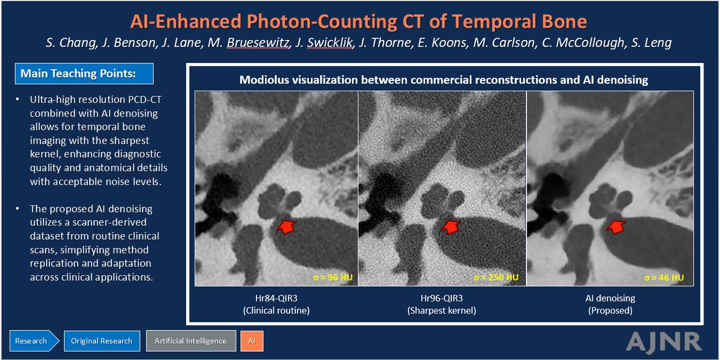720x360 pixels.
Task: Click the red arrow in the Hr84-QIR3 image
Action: tap(286, 227)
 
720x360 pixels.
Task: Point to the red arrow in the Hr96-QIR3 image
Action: tap(451, 227)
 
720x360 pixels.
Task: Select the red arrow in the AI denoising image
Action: tap(616, 227)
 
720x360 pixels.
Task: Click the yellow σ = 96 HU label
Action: tap(332, 277)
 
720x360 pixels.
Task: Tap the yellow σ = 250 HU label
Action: tap(496, 277)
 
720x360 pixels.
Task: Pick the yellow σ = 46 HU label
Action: tap(664, 277)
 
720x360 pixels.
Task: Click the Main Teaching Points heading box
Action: tap(84, 74)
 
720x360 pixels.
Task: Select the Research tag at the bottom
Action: tap(34, 341)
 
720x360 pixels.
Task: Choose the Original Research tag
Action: tap(102, 341)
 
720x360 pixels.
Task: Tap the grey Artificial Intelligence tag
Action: tap(191, 341)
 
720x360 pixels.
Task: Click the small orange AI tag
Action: tap(252, 341)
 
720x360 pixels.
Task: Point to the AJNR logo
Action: tap(664, 341)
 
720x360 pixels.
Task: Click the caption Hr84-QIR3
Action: tap(276, 298)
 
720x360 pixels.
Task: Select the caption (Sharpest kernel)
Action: tap(442, 310)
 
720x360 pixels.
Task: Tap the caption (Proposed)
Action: tap(610, 310)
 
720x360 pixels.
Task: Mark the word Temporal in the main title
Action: tap(493, 21)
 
